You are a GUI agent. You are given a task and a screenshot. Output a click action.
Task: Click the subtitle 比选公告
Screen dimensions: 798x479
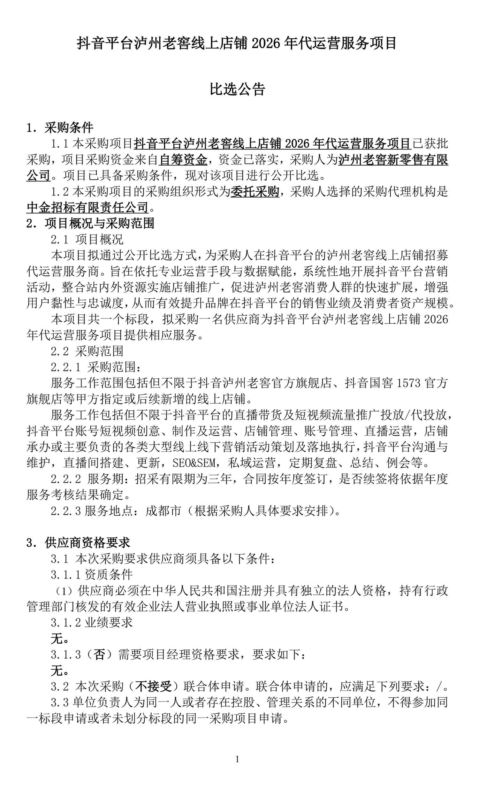click(238, 89)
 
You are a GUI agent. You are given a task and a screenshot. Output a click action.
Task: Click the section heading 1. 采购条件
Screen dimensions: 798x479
click(60, 128)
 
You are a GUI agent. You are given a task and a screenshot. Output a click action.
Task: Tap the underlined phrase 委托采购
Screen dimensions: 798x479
click(255, 191)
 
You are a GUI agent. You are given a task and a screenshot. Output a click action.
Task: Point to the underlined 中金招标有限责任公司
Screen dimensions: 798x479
click(87, 207)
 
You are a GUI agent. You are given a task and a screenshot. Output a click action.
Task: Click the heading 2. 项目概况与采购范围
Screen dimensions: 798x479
click(90, 223)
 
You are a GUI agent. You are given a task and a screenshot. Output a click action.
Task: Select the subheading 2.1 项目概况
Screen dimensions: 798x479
click(87, 239)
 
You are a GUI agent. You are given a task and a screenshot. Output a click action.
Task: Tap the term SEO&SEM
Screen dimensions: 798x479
click(194, 463)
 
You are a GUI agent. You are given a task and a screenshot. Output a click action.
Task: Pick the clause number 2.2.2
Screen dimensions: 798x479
click(65, 479)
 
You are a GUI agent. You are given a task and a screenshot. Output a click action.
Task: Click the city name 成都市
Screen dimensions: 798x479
click(163, 511)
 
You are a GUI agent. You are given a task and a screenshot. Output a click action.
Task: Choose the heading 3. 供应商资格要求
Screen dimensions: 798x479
click(78, 543)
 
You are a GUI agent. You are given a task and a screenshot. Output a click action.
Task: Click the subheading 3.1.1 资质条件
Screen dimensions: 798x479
click(92, 575)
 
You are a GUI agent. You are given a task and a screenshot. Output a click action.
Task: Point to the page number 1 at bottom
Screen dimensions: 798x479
click(237, 759)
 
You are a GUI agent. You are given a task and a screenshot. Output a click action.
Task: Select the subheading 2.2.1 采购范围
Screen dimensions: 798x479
click(95, 367)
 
